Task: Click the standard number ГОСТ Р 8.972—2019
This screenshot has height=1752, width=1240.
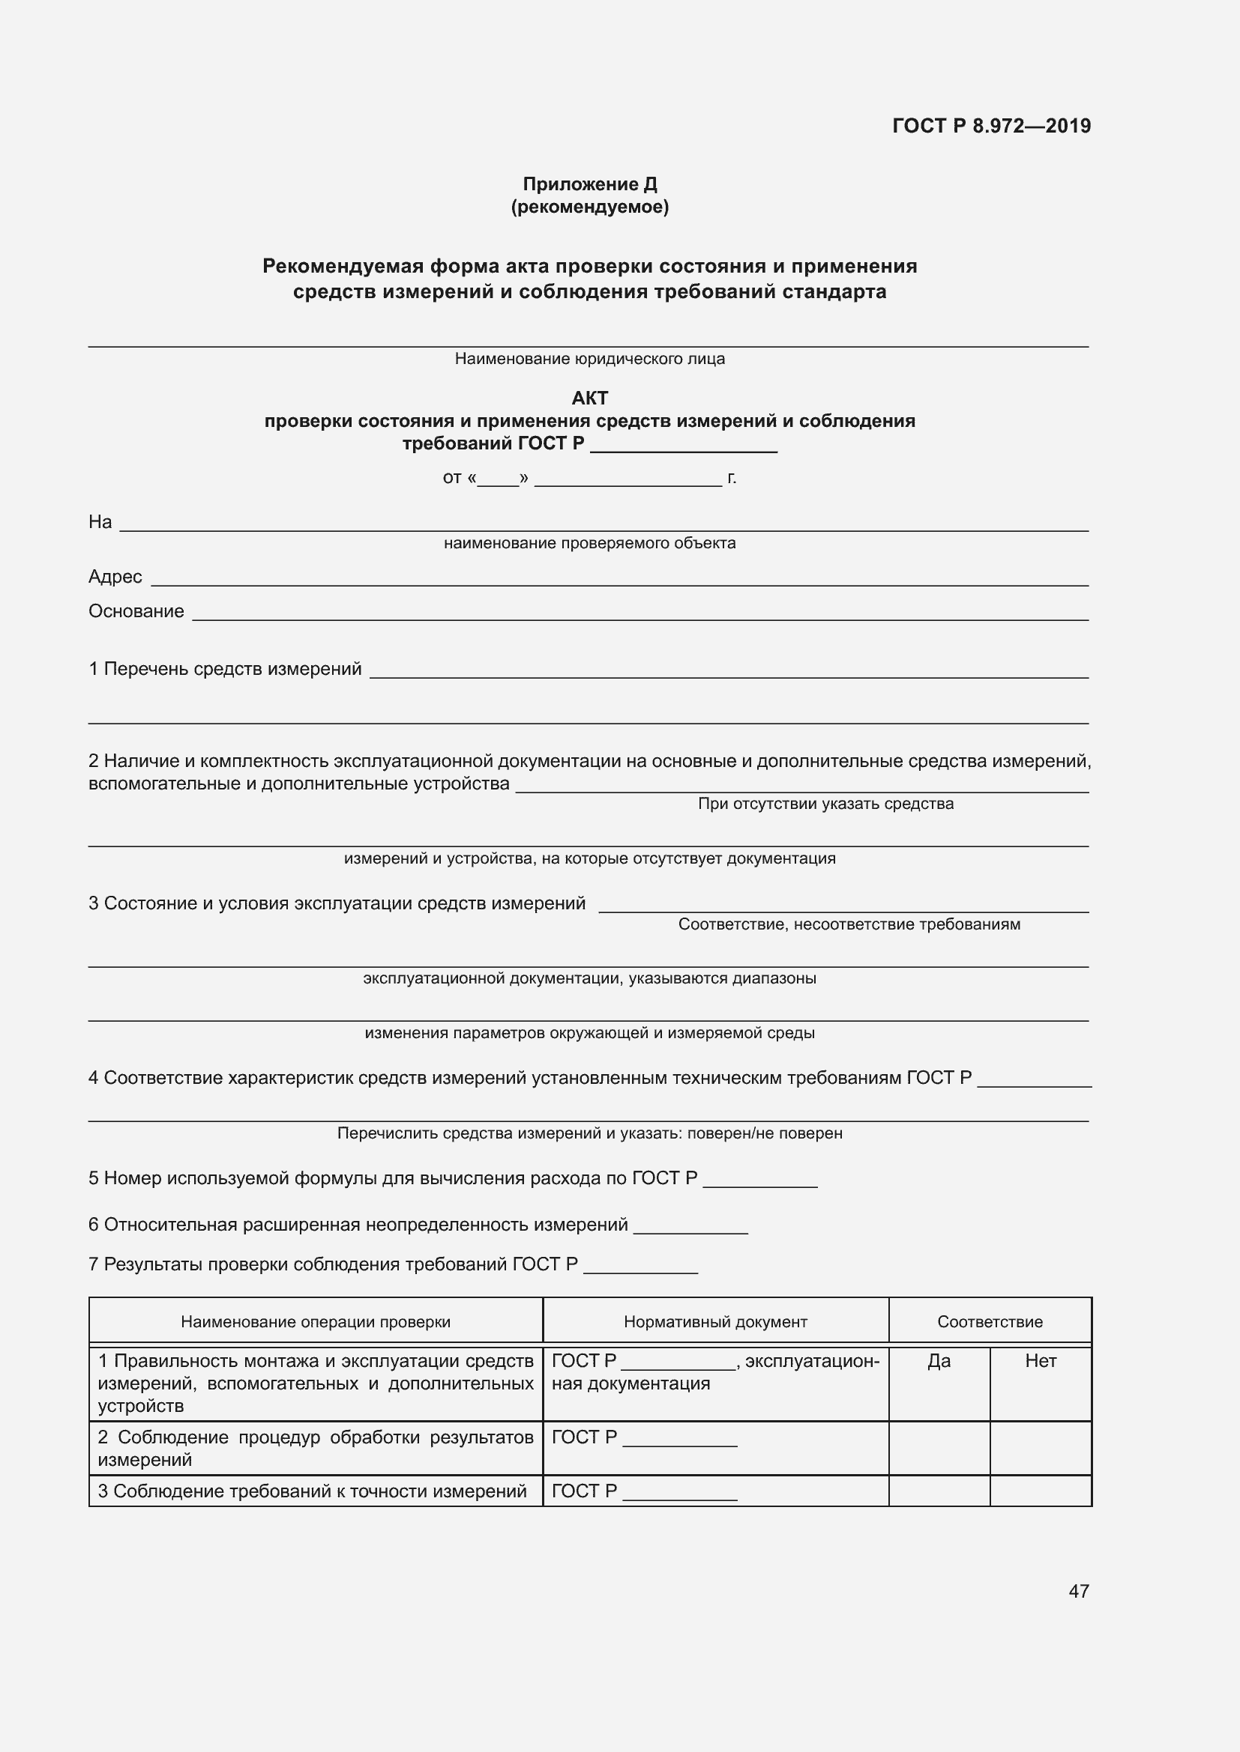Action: coord(991,126)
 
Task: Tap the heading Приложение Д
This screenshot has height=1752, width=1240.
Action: coord(589,184)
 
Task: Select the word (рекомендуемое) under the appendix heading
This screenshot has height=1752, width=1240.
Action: coord(589,207)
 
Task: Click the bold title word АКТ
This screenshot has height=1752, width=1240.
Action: coord(589,398)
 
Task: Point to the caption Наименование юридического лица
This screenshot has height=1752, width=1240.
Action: coord(589,359)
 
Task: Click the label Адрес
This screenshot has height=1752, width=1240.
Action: coord(115,577)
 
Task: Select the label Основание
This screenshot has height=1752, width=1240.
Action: coord(136,611)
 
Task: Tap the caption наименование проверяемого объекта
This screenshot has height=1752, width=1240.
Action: coord(589,543)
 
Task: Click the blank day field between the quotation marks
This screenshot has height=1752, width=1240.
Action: coord(498,479)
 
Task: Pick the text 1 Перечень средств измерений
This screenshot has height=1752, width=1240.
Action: coord(225,669)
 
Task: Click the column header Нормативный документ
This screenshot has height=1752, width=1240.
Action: coord(714,1322)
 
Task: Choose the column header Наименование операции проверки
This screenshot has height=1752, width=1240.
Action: coord(316,1322)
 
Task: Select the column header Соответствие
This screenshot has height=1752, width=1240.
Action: coord(990,1322)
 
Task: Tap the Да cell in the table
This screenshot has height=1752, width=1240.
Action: coord(939,1361)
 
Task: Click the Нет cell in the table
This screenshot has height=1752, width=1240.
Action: coord(1041,1361)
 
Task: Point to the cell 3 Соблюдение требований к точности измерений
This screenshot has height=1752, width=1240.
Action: coord(313,1491)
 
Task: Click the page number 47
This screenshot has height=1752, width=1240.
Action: coord(1078,1591)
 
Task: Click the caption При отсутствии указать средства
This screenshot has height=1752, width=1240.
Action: coord(825,804)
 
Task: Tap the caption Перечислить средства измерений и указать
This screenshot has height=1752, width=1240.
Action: coord(589,1133)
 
